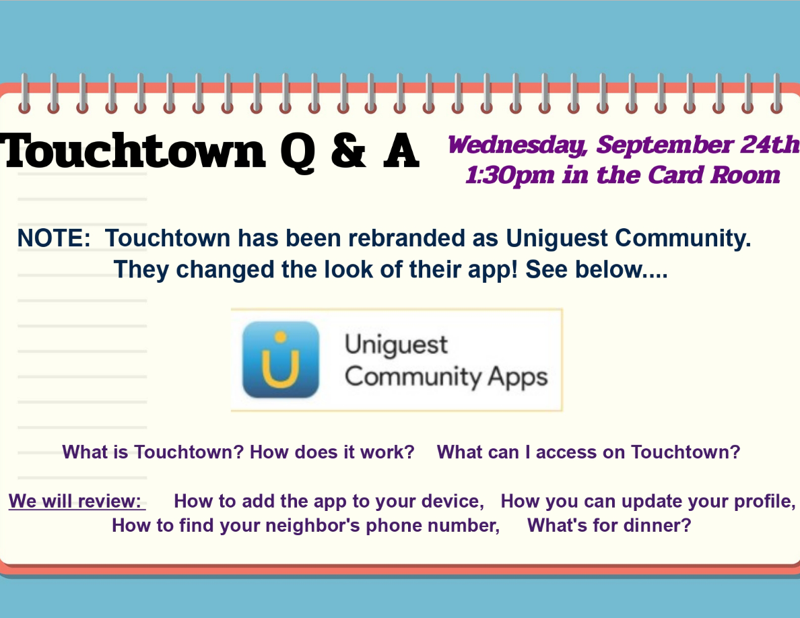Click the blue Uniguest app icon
click(x=281, y=359)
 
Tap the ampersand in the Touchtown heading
click(x=348, y=151)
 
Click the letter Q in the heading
click(x=298, y=153)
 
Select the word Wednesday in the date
click(x=517, y=145)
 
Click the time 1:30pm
click(x=510, y=176)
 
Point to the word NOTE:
click(x=54, y=238)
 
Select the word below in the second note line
click(x=607, y=269)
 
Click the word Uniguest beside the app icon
click(x=397, y=345)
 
